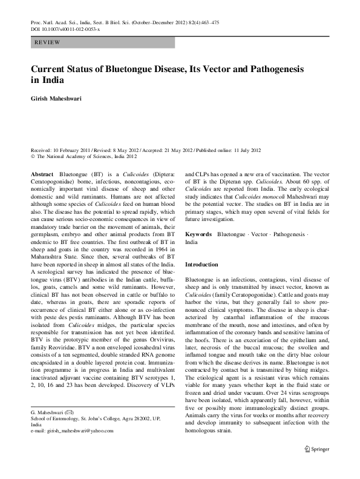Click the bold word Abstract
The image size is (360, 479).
point(41,173)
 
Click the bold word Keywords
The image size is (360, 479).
point(198,234)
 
